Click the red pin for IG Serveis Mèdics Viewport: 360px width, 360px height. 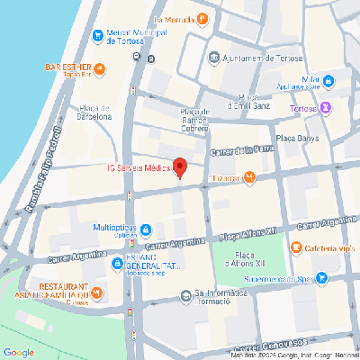tap(179, 167)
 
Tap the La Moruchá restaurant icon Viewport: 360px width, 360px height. tap(203, 17)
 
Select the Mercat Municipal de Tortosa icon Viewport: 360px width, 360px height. tap(98, 36)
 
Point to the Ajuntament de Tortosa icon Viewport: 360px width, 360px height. tap(212, 56)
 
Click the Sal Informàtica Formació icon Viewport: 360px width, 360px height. tap(187, 294)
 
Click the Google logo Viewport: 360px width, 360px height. tap(18, 351)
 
